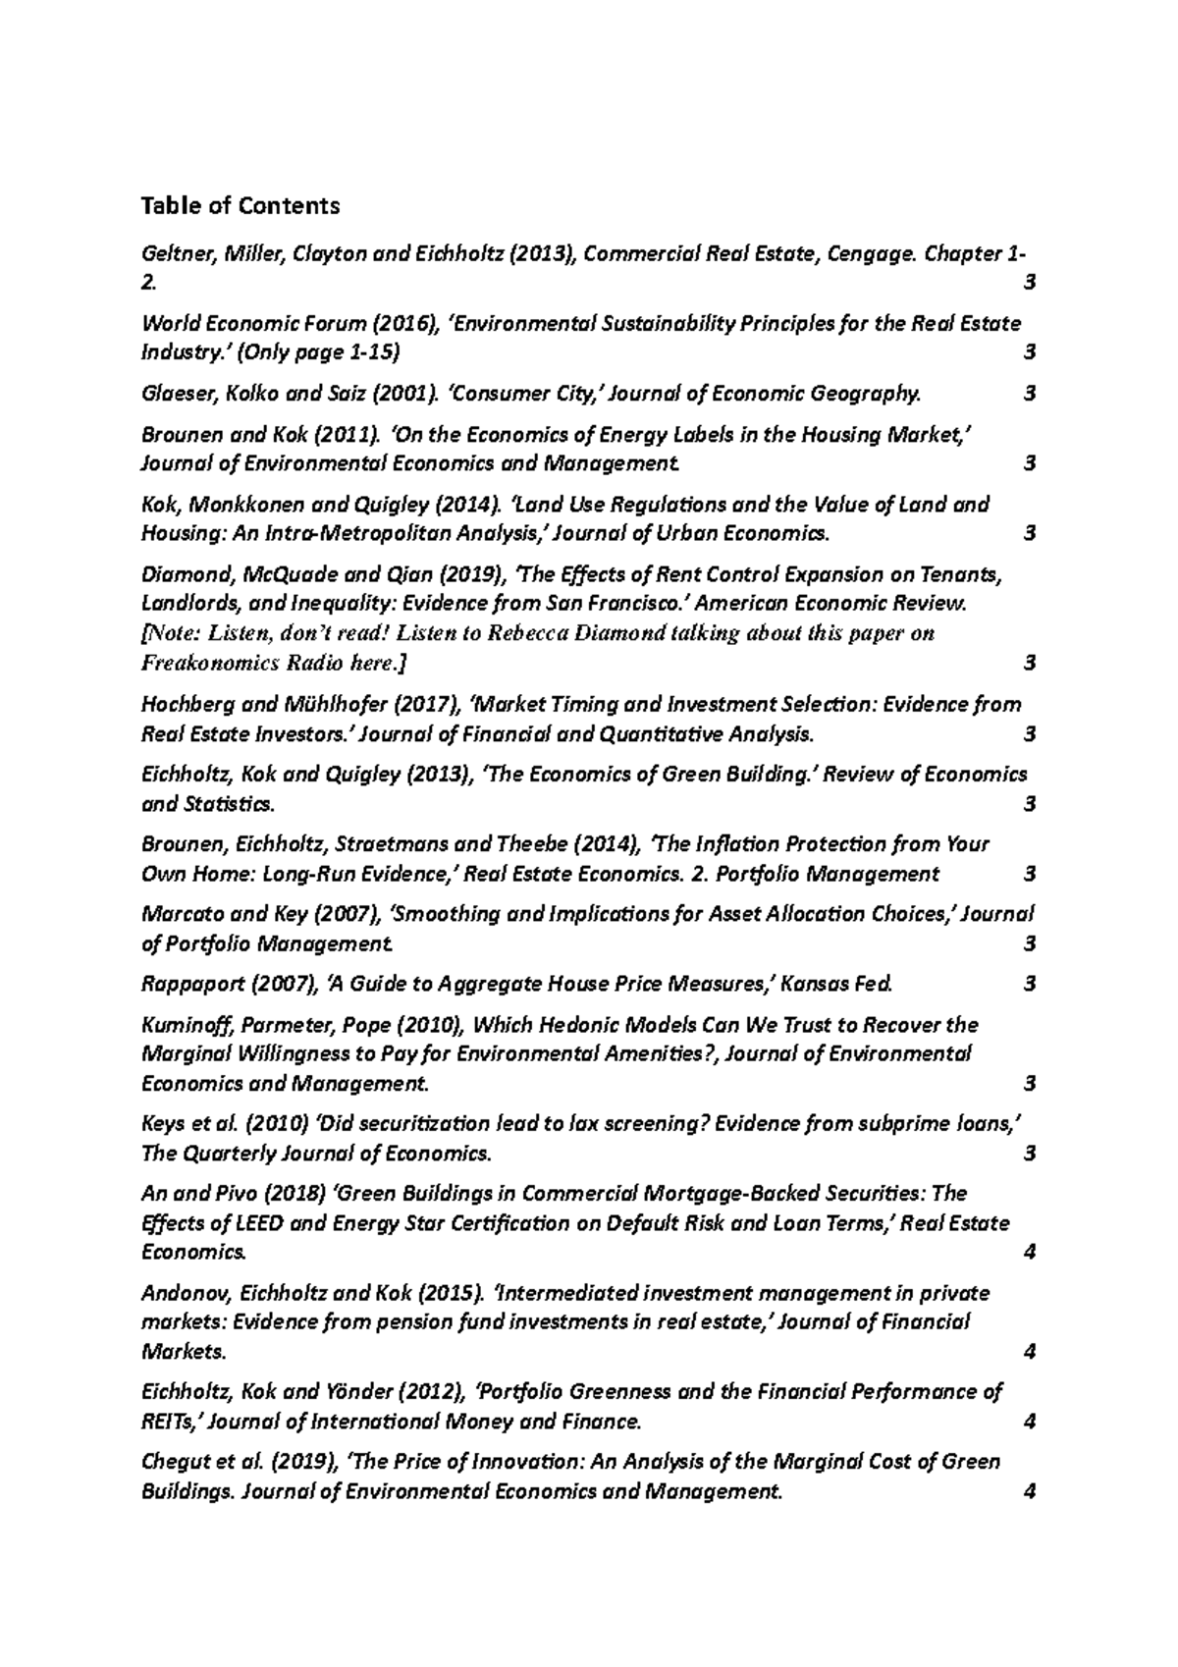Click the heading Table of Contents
pyautogui.click(x=241, y=206)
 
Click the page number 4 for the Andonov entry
pyautogui.click(x=1029, y=1353)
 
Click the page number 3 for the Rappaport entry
pyautogui.click(x=1029, y=984)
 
